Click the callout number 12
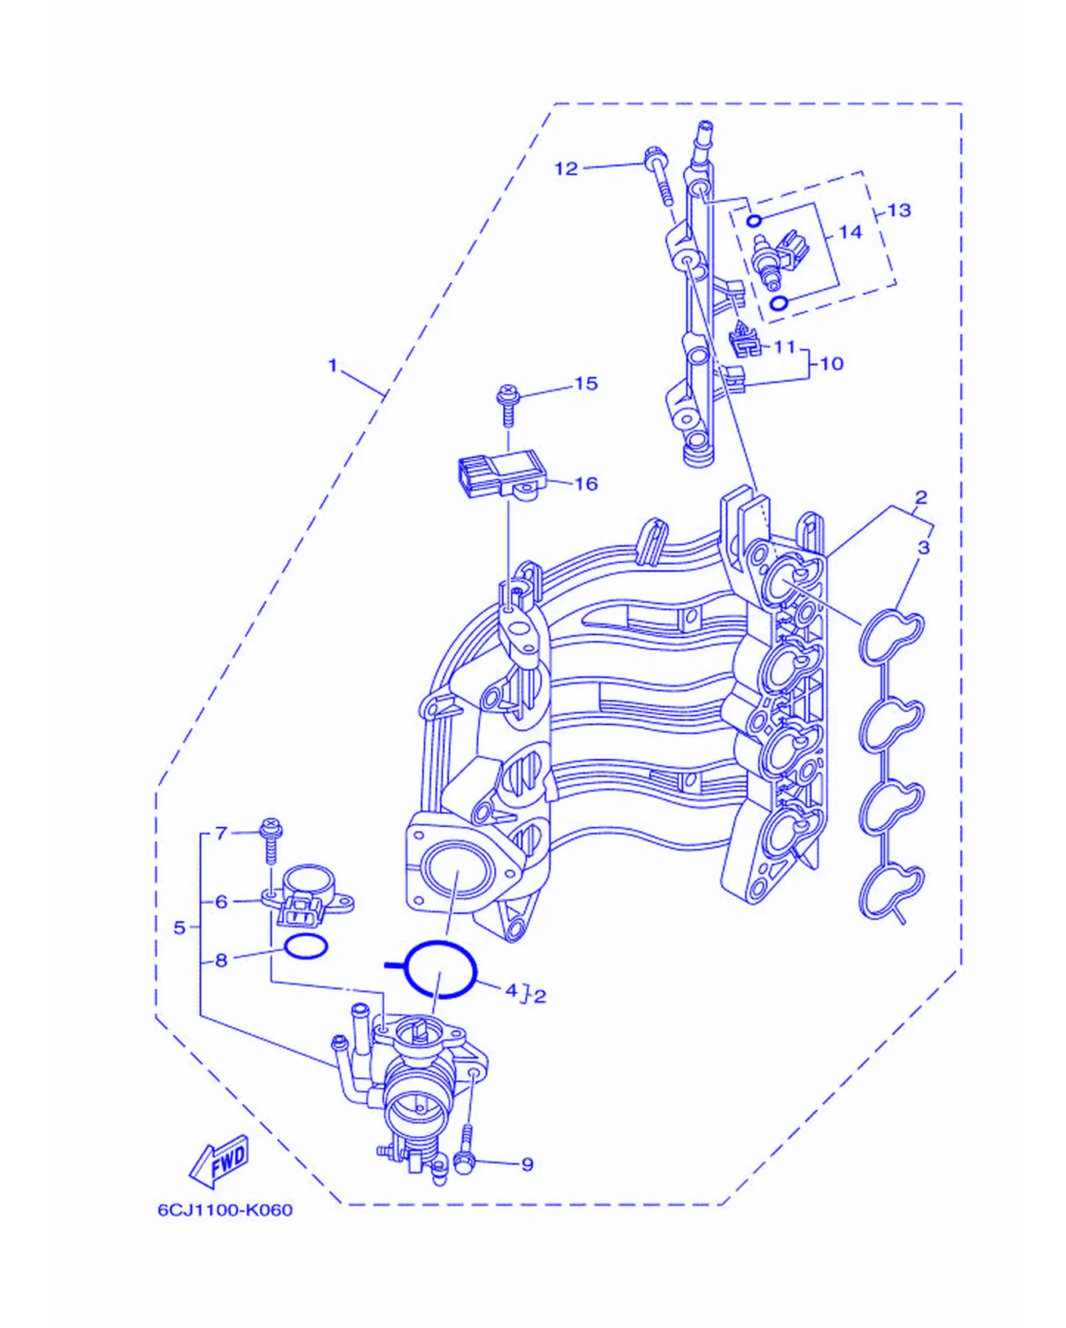[565, 169]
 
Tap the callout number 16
[586, 484]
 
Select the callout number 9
[528, 1164]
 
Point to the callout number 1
[332, 365]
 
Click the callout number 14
[850, 232]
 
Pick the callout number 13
[899, 210]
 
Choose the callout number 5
[179, 927]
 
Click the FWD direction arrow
[219, 1161]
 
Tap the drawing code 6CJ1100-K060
[225, 1210]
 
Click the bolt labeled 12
[658, 176]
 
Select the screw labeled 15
[508, 405]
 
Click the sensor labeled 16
[498, 476]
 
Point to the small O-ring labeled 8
[306, 946]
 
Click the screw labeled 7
[270, 840]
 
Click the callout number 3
[923, 547]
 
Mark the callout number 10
[831, 364]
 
